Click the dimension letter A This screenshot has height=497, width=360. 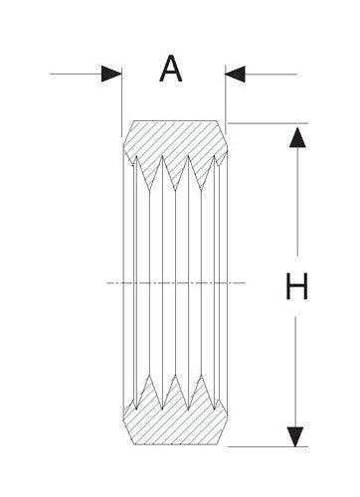click(x=173, y=70)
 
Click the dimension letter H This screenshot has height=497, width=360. click(x=295, y=287)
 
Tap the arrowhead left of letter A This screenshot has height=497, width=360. click(x=110, y=73)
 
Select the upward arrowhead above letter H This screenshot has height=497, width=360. click(x=295, y=138)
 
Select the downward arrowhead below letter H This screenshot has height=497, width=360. click(x=295, y=435)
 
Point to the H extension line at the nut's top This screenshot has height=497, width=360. click(x=269, y=123)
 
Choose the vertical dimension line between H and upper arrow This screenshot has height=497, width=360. click(x=295, y=209)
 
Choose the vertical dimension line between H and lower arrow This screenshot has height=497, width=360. click(x=295, y=368)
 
